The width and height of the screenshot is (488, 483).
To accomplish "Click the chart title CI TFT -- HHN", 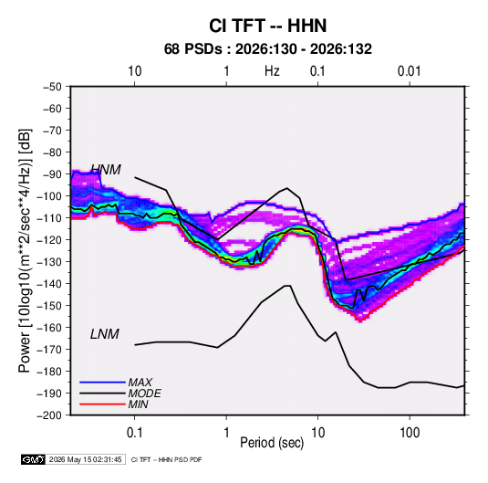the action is coord(267,26).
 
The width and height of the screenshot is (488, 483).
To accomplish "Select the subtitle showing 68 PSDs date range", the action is coord(267,49).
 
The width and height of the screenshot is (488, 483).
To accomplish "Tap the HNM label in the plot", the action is coord(106,170).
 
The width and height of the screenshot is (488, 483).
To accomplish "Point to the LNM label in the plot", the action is coord(105,334).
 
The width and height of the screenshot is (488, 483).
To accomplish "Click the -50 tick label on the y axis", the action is coord(52,87).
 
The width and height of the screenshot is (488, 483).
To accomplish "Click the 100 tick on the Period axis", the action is coord(410,433).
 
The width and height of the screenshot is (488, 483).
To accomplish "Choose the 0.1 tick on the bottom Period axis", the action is coord(134,433).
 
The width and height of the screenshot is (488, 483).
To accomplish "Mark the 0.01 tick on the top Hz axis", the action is coord(410,71).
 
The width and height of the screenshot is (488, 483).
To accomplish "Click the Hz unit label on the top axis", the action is coord(272,71).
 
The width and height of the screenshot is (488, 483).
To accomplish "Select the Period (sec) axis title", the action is coord(272,443).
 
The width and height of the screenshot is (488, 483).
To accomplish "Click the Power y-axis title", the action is coord(25,250).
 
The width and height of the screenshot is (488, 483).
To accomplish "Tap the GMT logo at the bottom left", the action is coord(34,459).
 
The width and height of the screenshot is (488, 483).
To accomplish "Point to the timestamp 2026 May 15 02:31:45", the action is coord(85,459).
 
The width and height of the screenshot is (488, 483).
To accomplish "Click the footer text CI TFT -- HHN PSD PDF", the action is coord(167,459).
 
